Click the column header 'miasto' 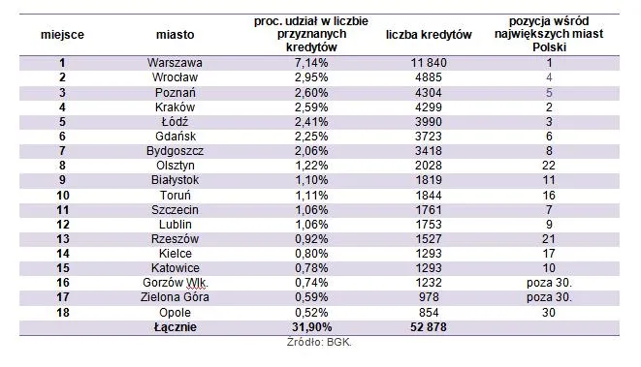(175, 35)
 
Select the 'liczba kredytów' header (429, 35)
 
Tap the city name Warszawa (175, 63)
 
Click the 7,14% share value (311, 63)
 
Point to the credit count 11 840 (429, 63)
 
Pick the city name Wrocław (175, 77)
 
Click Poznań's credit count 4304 (429, 93)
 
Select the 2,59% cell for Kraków (311, 107)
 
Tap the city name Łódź (175, 122)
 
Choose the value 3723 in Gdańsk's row (429, 137)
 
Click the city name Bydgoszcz (175, 151)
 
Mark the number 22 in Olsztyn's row (549, 166)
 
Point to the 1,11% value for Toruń (311, 196)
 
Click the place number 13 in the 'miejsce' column (62, 239)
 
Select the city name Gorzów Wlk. (175, 283)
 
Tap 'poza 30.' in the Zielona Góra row (549, 297)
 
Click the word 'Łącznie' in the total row (175, 327)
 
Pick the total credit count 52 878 (429, 327)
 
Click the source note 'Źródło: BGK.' (319, 342)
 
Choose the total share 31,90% (311, 327)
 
